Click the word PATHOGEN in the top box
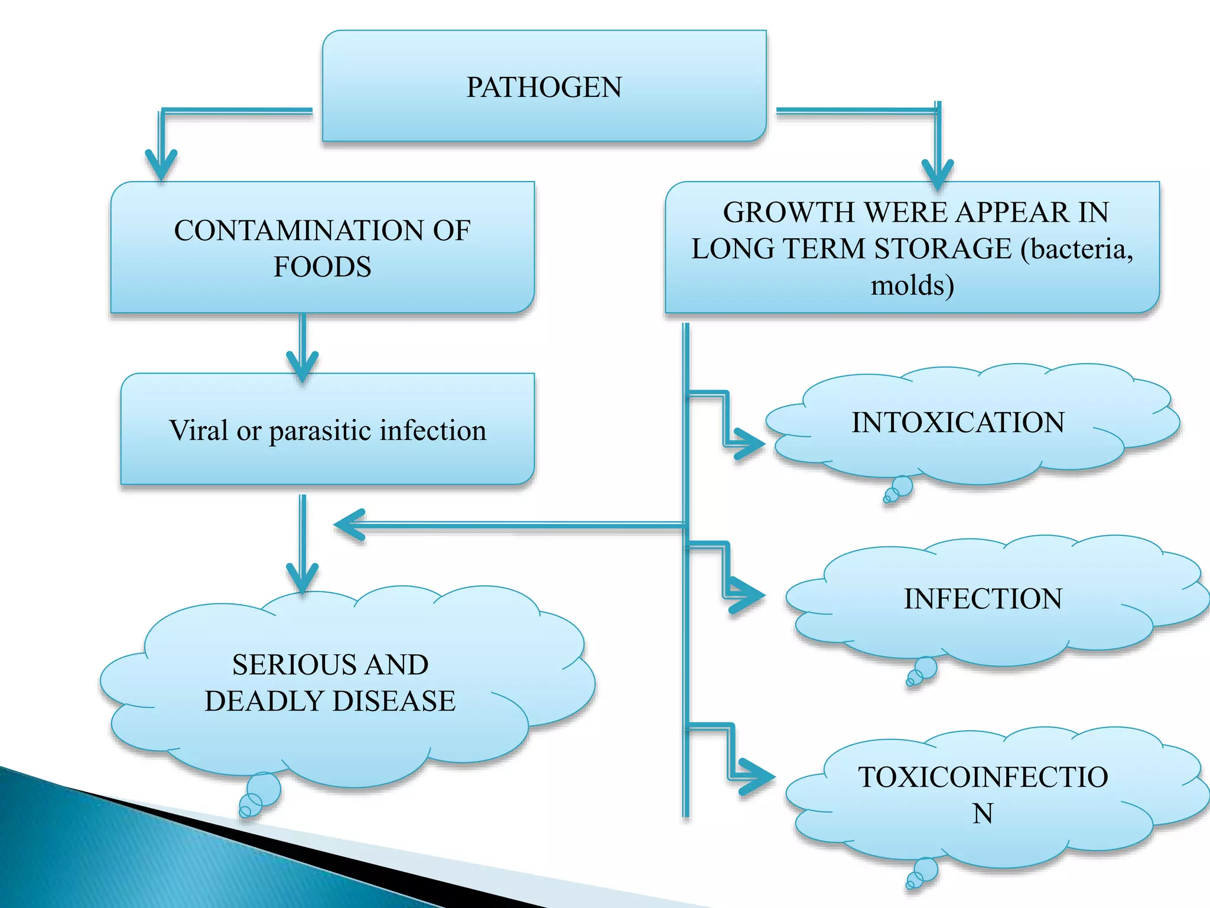[544, 87]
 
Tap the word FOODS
[322, 267]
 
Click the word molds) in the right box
[912, 286]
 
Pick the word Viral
[199, 430]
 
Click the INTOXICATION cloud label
[958, 423]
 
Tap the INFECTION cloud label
[983, 599]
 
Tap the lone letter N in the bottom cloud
[983, 813]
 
